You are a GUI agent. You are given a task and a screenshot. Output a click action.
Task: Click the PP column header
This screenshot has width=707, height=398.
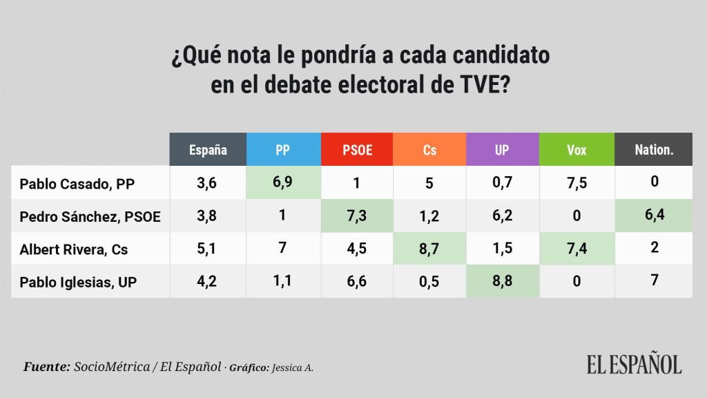282,149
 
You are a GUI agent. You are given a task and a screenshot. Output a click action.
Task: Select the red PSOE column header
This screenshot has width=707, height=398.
357,149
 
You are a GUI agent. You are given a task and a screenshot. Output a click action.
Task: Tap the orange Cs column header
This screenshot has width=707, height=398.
429,149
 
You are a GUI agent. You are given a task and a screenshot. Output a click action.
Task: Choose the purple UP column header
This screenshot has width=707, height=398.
502,149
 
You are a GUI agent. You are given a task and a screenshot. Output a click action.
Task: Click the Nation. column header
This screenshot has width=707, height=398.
653,149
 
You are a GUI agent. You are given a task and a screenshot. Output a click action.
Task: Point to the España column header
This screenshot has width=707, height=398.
208,149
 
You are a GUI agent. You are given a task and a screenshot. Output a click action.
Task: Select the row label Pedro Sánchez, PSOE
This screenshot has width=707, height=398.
90,216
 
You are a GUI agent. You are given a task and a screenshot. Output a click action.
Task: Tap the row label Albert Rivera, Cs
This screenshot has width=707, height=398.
73,249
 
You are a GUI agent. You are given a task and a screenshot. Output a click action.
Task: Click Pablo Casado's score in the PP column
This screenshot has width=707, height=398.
282,183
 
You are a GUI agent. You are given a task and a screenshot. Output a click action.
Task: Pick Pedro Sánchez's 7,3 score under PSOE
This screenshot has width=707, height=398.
357,216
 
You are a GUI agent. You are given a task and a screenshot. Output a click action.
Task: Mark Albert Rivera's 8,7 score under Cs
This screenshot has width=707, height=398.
429,249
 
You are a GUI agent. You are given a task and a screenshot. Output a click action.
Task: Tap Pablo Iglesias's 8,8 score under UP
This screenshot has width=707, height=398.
502,281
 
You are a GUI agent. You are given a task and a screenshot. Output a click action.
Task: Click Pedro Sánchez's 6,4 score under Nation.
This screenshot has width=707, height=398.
653,216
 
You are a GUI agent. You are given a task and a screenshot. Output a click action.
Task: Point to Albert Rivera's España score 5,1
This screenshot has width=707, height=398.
208,249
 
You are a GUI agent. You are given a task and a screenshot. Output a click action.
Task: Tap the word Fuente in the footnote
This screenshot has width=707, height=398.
46,366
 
